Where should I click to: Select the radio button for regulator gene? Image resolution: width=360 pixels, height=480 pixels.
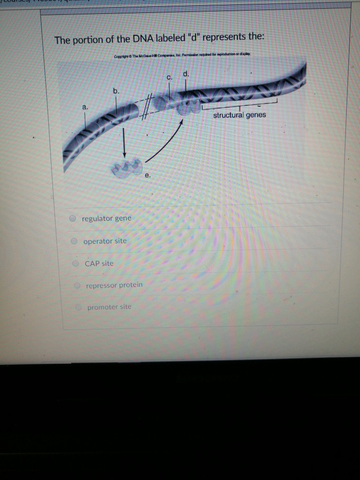coord(73,218)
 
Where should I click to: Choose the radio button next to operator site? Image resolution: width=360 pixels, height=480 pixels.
coord(74,241)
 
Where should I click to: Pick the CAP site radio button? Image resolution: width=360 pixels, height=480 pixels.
coord(75,263)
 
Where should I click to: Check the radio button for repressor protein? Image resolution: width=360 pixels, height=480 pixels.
coord(77,285)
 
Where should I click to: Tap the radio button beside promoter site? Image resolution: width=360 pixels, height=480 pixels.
coord(79,307)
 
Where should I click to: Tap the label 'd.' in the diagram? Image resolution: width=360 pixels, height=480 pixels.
coord(186,73)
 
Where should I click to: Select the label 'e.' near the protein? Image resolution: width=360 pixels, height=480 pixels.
coord(148,176)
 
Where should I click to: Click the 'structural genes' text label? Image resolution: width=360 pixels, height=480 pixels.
coord(240,115)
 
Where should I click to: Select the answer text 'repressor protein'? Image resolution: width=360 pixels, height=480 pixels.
coord(114,285)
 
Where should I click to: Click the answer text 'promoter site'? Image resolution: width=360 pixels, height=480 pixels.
coord(109,307)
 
